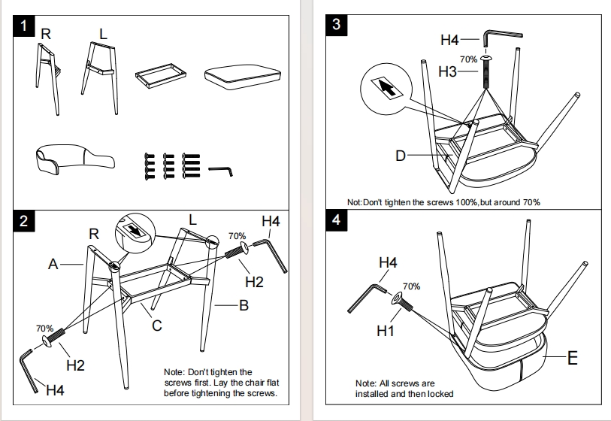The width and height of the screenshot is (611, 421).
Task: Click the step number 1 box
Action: (x=24, y=26)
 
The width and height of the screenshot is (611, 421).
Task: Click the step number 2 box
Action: (x=24, y=221)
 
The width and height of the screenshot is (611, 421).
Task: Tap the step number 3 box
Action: (x=336, y=25)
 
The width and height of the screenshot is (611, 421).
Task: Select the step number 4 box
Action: (x=336, y=220)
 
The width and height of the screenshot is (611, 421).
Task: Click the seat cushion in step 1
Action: (x=243, y=77)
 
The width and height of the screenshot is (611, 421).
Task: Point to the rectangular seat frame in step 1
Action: (x=161, y=74)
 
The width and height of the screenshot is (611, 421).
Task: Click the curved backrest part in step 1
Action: (x=74, y=159)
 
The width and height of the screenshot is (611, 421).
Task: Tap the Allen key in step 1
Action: (x=220, y=171)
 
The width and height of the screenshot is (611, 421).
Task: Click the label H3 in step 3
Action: (x=447, y=71)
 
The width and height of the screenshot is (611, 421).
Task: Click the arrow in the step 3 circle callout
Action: (x=386, y=88)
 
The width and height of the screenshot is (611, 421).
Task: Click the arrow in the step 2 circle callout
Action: (x=135, y=230)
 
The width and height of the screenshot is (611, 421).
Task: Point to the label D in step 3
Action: (x=401, y=156)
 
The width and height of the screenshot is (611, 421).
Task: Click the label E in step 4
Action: (x=573, y=358)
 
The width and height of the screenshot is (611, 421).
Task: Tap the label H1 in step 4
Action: (x=385, y=331)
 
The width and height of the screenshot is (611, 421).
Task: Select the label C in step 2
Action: (x=156, y=326)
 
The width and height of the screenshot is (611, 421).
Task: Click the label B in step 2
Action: (x=244, y=305)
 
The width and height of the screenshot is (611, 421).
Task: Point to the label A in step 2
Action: (x=53, y=265)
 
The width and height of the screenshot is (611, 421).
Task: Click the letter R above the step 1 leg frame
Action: (x=46, y=35)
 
